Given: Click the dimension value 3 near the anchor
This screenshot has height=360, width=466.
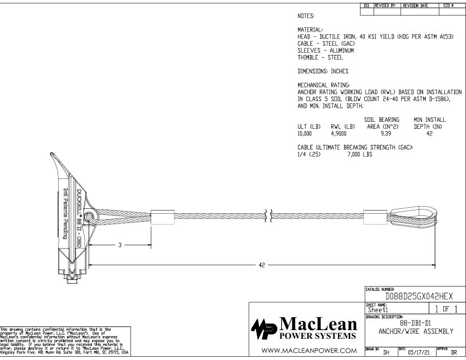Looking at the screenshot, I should point(119,245).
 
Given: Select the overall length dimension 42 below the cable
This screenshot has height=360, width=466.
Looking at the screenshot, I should point(263,265).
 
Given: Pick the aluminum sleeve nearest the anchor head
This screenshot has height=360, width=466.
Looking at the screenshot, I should point(159,216).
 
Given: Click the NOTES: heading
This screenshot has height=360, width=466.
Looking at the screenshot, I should point(309,17).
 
